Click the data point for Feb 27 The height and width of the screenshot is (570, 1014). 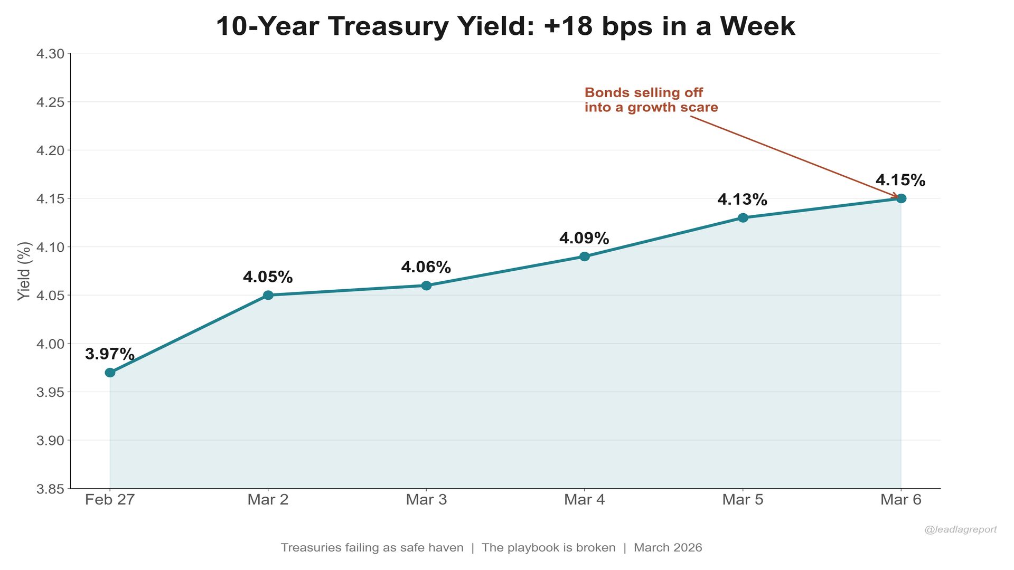pos(110,373)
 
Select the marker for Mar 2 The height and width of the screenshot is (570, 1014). pos(268,295)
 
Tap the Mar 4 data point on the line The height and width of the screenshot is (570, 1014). pos(585,256)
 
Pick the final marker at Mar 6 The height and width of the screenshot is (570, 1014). pos(901,198)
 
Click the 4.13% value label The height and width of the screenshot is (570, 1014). pos(742,199)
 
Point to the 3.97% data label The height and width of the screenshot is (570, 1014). pos(110,354)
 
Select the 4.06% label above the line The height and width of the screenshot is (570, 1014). pos(426,267)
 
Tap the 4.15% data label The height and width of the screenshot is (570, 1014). pos(900,180)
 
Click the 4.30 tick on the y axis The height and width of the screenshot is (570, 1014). pos(50,54)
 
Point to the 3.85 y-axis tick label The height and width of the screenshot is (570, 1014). pos(50,489)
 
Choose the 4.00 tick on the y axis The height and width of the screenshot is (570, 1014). pos(50,344)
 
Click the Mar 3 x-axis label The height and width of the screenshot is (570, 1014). pos(426,499)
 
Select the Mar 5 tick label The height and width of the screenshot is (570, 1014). pos(743,499)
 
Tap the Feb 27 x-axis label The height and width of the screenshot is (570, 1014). pos(110,499)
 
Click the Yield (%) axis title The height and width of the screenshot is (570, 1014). pos(24,271)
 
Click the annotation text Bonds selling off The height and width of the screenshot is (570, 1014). pos(643,93)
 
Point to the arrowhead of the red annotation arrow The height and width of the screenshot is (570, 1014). pos(896,196)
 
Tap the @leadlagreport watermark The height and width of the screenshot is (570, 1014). pos(960,529)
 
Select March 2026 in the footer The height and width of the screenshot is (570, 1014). pos(668,547)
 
